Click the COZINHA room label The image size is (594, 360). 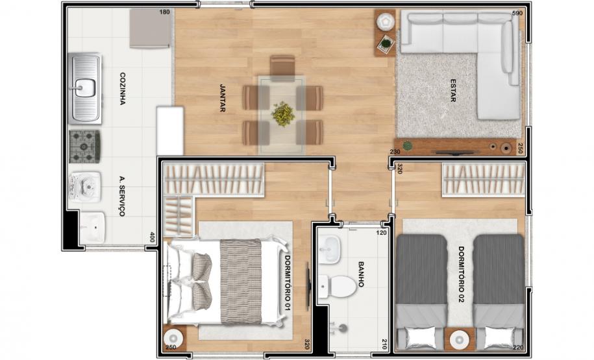122,89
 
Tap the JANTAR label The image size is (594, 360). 223,98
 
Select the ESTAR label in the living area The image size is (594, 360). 452,90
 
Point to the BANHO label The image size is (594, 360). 361,274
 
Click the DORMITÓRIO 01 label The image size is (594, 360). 288,283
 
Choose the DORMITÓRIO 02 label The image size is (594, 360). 462,275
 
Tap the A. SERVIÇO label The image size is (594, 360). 122,196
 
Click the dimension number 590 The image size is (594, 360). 517,13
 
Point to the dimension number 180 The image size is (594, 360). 164,12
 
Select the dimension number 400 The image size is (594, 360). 153,237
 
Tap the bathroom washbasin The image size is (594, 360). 329,250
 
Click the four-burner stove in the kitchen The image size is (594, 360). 85,147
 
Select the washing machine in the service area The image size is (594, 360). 85,187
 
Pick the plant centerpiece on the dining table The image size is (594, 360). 282,114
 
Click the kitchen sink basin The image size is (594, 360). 84,88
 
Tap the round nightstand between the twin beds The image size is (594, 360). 460,338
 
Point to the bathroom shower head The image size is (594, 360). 342,328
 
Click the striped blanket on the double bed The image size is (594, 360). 241,282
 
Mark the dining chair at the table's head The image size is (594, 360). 282,67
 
